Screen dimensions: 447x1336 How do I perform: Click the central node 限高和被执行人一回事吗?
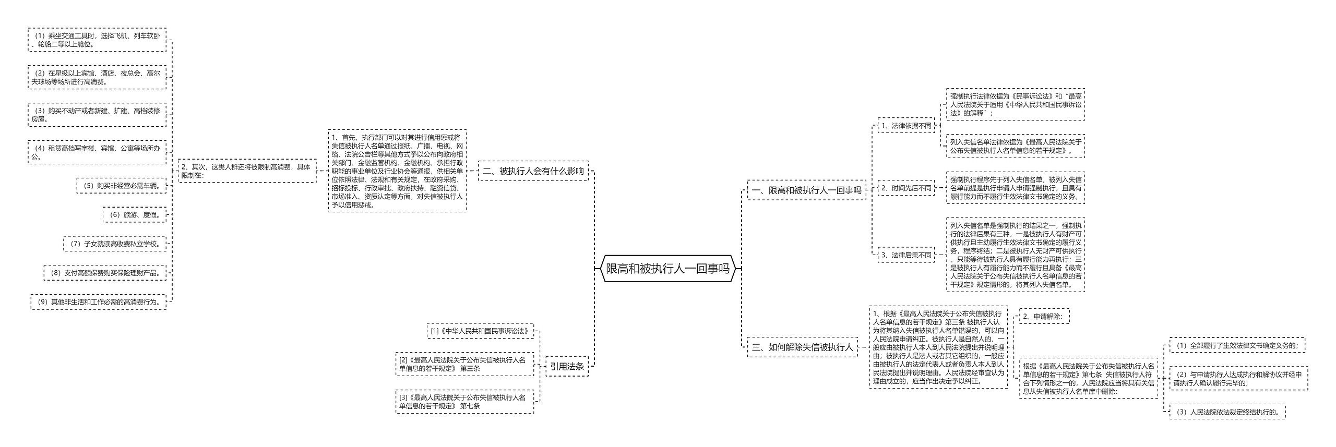pyautogui.click(x=668, y=269)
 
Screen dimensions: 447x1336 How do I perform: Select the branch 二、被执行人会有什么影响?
pyautogui.click(x=533, y=171)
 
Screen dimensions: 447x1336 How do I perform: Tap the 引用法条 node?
pyautogui.click(x=566, y=367)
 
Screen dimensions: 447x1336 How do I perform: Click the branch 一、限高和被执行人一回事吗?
pyautogui.click(x=806, y=190)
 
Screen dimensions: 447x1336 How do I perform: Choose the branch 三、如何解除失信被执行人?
pyautogui.click(x=802, y=347)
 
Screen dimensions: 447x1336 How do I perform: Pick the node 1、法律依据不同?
pyautogui.click(x=906, y=126)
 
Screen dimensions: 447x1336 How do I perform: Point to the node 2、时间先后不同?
pyautogui.click(x=906, y=188)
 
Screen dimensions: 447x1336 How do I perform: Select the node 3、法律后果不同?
pyautogui.click(x=906, y=255)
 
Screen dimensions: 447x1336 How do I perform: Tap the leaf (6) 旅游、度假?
pyautogui.click(x=135, y=214)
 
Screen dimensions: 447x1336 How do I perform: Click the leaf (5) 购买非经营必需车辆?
pyautogui.click(x=122, y=185)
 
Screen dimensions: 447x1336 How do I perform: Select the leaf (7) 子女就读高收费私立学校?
pyautogui.click(x=115, y=244)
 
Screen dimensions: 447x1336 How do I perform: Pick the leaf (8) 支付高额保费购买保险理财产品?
pyautogui.click(x=105, y=272)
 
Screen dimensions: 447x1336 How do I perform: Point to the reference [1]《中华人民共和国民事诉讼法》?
pyautogui.click(x=480, y=331)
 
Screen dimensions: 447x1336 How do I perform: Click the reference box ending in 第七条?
pyautogui.click(x=464, y=402)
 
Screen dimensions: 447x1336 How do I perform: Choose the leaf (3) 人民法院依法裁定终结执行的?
pyautogui.click(x=1227, y=412)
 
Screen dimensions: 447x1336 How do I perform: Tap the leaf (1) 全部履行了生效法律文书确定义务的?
pyautogui.click(x=1237, y=345)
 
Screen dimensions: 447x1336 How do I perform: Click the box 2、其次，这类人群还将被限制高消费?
pyautogui.click(x=247, y=171)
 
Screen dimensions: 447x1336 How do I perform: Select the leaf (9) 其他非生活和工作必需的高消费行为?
pyautogui.click(x=99, y=301)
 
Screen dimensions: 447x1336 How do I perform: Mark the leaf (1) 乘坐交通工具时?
pyautogui.click(x=97, y=40)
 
